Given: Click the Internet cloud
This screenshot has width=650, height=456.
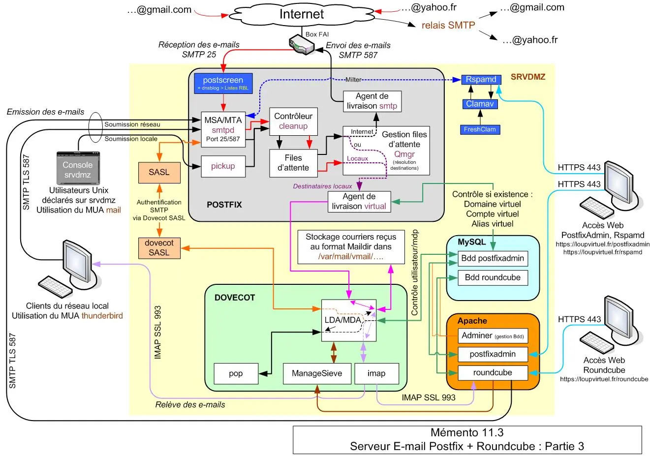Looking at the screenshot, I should pos(301,14).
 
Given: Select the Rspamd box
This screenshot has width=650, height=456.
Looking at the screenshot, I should pos(481,79).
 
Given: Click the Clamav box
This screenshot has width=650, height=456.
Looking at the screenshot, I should pos(480,104).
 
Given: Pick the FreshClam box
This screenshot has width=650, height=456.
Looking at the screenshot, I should pos(480,129).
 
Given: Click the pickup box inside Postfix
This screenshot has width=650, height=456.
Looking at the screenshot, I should pos(223,166).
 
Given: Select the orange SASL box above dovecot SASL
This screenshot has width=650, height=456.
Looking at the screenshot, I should pos(159,172).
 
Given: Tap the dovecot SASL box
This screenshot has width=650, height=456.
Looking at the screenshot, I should pos(159,248).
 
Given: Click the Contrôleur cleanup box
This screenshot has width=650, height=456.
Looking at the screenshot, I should pos(293,122).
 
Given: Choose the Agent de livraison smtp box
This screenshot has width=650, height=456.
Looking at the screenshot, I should pos(372,101).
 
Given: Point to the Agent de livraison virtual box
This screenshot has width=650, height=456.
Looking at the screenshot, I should pos(359,201).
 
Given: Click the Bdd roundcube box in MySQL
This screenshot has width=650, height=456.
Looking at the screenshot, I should pos(493,277).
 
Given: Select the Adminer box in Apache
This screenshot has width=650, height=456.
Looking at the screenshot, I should pos(493,335).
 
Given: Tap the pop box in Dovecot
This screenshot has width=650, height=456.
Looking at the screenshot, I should pos(236,373).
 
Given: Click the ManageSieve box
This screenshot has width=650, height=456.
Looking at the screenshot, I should pos(317,373).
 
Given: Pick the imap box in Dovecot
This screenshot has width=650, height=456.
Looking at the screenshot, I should pos(376,373).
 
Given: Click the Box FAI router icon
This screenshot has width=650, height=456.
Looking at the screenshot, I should pos(302,45).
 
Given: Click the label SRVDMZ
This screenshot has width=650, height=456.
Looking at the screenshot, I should pos(528,77).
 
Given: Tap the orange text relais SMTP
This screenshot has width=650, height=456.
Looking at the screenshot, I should pos(448,25).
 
